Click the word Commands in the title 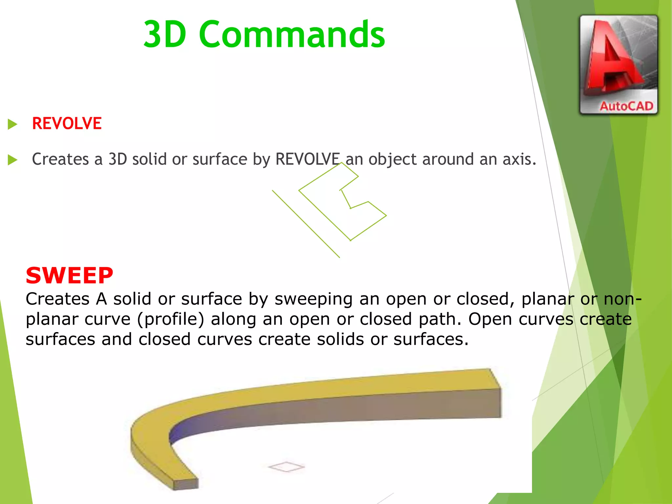point(292,34)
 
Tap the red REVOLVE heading point(67,124)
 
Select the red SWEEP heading point(69,276)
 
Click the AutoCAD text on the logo point(626,106)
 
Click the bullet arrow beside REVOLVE point(12,124)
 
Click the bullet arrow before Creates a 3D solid point(12,160)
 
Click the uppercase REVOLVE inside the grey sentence point(307,159)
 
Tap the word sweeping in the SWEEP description point(313,299)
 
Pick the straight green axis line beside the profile point(305,223)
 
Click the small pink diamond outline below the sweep point(286,467)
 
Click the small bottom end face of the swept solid point(186,484)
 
